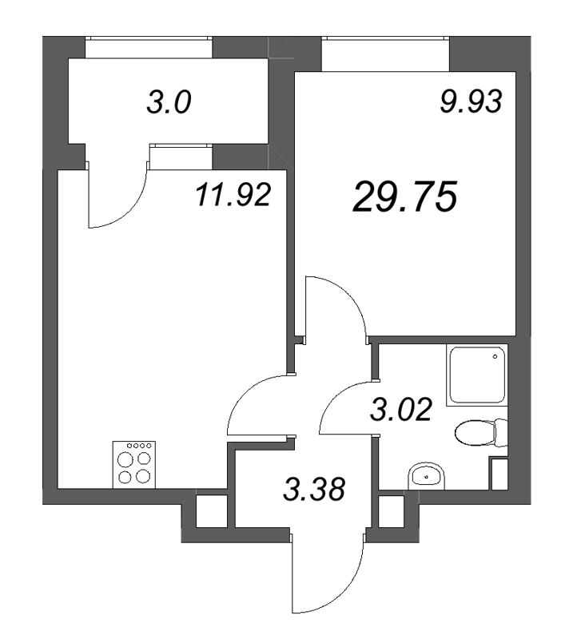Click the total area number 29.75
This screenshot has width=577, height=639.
404,196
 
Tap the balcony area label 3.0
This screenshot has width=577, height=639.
169,104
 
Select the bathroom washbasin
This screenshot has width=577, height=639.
428,477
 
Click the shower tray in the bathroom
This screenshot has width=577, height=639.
477,375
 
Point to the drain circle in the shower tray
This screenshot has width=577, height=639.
496,357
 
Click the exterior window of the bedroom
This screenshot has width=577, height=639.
385,56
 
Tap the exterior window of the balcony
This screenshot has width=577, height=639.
149,48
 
